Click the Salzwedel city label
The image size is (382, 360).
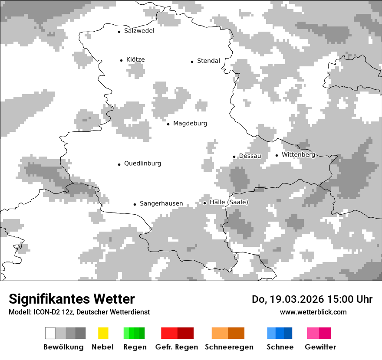tap(139, 31)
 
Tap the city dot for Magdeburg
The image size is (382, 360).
tap(168, 124)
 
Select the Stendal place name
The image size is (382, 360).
tap(208, 61)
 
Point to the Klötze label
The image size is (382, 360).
tap(135, 59)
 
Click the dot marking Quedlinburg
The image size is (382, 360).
tap(119, 164)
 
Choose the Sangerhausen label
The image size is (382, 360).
tap(161, 203)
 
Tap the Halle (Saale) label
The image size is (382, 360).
tap(229, 202)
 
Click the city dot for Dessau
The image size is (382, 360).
tap(234, 157)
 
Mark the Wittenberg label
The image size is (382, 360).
tap(298, 154)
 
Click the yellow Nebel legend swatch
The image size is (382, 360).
tap(103, 333)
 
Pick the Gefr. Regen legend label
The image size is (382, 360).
tap(177, 347)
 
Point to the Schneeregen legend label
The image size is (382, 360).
tap(229, 347)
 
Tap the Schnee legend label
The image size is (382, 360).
tap(280, 347)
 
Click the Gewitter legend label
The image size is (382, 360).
tap(320, 347)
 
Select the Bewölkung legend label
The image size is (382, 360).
tap(63, 347)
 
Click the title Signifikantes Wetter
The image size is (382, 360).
tap(72, 299)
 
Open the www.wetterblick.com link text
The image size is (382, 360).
tap(313, 312)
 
